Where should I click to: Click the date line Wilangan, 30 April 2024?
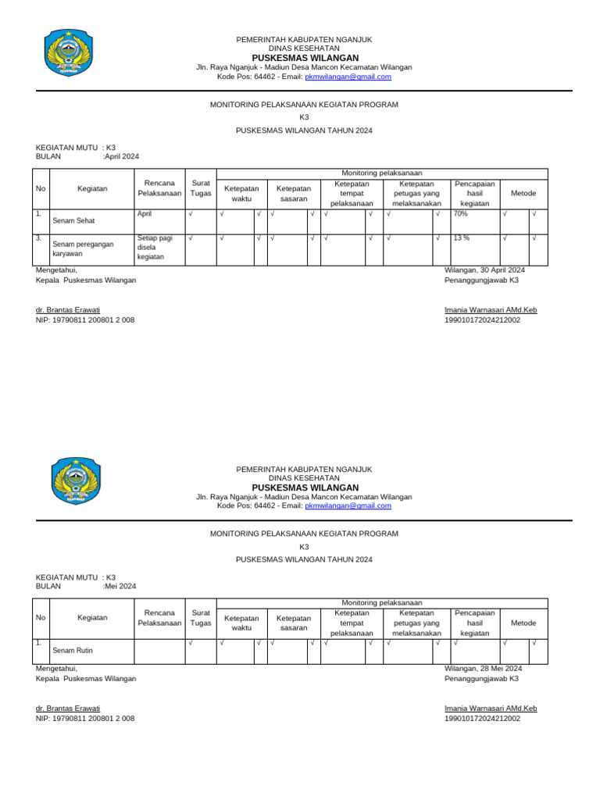(484, 270)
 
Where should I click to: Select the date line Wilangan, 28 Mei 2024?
(483, 668)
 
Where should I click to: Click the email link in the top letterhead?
(348, 77)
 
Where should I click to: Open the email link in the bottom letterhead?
(348, 505)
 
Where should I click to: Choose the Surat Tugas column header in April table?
(201, 188)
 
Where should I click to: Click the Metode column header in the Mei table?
(523, 623)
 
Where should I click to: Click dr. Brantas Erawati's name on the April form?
(68, 310)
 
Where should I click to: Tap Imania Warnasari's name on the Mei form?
(490, 709)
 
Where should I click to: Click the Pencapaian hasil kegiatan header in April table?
(474, 193)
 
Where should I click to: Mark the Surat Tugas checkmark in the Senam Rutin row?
(191, 643)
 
